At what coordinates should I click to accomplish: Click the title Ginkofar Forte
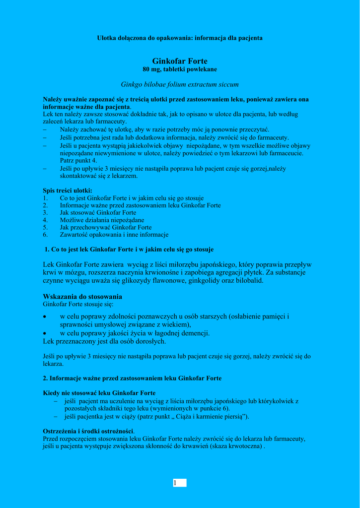[180, 61]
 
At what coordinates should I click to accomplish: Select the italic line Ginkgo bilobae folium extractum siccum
[180, 85]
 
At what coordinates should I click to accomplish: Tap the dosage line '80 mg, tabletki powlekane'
[180, 69]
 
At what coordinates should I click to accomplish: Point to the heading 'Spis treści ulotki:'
[68, 190]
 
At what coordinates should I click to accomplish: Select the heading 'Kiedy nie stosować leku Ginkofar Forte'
[99, 393]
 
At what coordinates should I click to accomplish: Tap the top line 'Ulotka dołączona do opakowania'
[180, 38]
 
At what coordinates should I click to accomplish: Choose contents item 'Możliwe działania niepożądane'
[102, 220]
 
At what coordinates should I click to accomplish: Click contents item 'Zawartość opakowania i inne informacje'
[114, 235]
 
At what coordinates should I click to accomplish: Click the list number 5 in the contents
[45, 227]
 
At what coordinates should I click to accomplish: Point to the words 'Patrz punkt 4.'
[78, 161]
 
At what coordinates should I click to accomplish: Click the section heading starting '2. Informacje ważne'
[132, 378]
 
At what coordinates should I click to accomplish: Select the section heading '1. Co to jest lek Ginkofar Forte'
[129, 250]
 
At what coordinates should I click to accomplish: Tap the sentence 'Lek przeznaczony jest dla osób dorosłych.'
[105, 341]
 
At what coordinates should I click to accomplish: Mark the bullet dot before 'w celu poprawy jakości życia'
[45, 333]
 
